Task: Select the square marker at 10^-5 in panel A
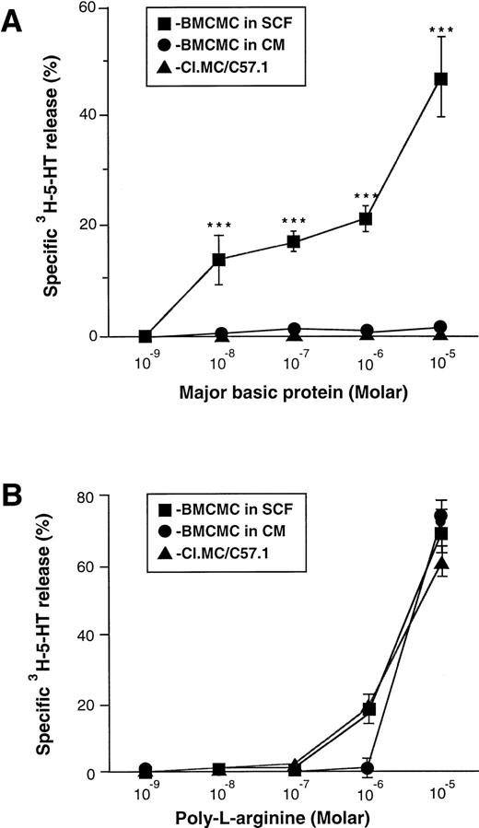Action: click(440, 79)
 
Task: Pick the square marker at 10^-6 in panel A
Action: click(367, 218)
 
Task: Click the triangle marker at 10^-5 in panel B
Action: click(441, 562)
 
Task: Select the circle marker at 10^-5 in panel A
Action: click(440, 327)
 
